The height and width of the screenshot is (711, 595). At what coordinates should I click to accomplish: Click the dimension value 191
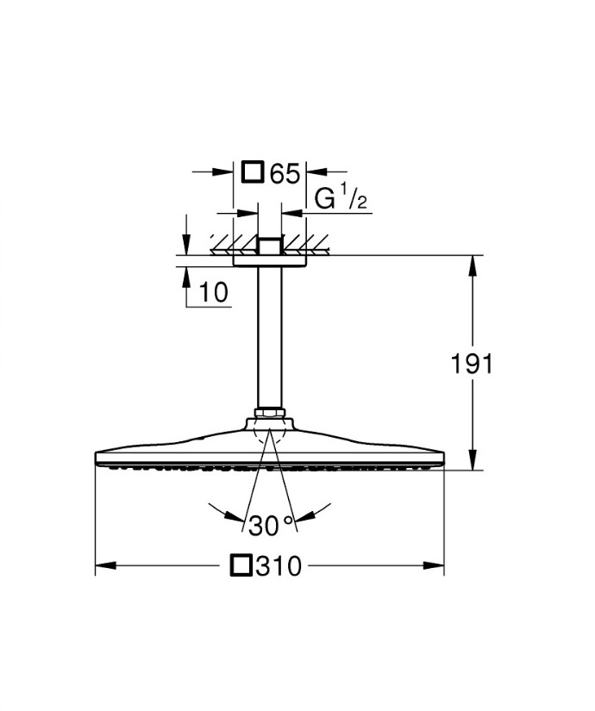tap(473, 365)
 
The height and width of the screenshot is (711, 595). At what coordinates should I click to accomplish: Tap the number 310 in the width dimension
tap(279, 567)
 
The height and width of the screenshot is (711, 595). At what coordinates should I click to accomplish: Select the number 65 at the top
tap(284, 173)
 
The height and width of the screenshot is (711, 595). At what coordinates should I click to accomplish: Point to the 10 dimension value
tap(214, 293)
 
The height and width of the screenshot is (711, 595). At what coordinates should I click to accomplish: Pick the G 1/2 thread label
tap(341, 201)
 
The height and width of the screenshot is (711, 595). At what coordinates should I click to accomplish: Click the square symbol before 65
tap(252, 172)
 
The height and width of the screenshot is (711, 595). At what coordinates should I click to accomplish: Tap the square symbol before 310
tap(242, 566)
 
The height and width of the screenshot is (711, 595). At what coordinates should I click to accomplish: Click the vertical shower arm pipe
tap(269, 336)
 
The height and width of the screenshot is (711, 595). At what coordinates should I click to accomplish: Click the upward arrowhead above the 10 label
tap(186, 273)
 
